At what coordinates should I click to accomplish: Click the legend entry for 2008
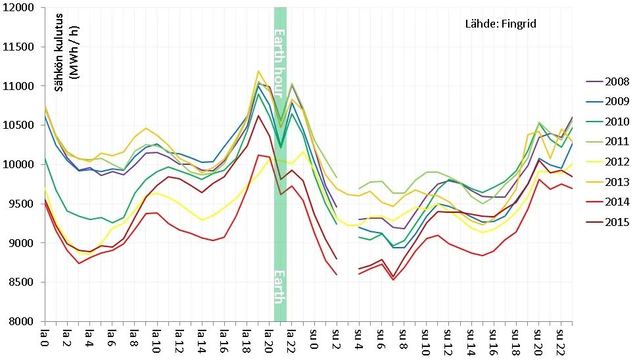(607, 81)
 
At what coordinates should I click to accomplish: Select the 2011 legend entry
(607, 142)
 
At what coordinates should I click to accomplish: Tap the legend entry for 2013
(607, 182)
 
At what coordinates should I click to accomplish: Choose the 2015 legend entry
(607, 222)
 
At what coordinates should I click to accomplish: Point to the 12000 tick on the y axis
(18, 8)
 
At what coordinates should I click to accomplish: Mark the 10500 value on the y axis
(18, 125)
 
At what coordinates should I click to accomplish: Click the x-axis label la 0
(44, 338)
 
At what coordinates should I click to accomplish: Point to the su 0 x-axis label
(314, 338)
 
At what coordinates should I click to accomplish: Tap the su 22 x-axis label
(560, 342)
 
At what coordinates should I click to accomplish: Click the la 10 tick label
(156, 341)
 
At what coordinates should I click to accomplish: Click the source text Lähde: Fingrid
(501, 24)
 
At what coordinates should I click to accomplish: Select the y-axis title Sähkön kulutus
(59, 53)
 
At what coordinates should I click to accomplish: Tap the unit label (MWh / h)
(74, 53)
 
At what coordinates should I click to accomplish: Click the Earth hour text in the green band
(279, 63)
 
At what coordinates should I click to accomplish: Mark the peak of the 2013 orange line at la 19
(258, 71)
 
